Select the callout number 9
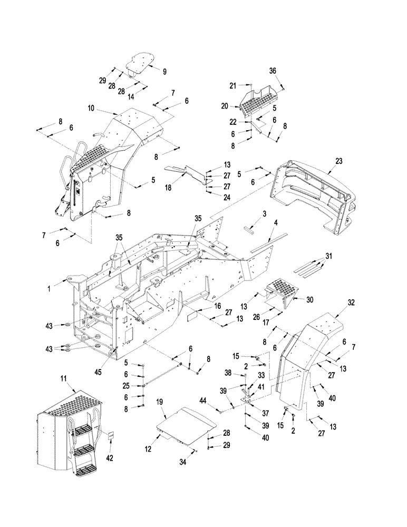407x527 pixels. (x=164, y=71)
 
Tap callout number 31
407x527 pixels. (x=330, y=258)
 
